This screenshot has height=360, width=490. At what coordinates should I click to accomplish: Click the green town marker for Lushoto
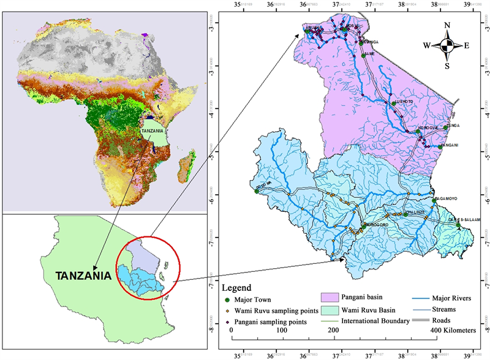(393, 103)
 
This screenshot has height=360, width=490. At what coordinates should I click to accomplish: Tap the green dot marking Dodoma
(257, 191)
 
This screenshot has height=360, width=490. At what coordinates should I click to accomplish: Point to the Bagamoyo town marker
(434, 200)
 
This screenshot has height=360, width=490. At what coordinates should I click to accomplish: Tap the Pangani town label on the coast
(450, 144)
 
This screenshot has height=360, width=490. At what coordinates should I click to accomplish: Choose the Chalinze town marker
(405, 215)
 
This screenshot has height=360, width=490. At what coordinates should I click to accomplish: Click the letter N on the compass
(447, 25)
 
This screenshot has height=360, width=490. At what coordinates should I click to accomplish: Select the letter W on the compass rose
(426, 45)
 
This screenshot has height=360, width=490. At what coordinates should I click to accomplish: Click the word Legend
(236, 288)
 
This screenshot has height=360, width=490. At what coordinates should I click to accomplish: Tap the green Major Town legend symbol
(226, 300)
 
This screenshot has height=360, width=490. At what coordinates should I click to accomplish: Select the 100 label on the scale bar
(282, 330)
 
